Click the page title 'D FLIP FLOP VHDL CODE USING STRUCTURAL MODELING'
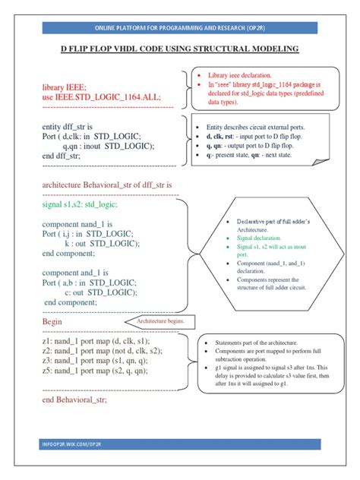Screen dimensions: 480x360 pyautogui.click(x=179, y=49)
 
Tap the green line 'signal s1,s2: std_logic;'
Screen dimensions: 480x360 pyautogui.click(x=81, y=204)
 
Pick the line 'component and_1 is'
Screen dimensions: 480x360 pyautogui.click(x=74, y=273)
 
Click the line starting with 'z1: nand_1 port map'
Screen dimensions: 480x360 pyautogui.click(x=96, y=342)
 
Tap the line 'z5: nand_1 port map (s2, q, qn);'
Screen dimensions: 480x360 pyautogui.click(x=94, y=371)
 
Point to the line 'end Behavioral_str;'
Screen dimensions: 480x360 pyautogui.click(x=75, y=399)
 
